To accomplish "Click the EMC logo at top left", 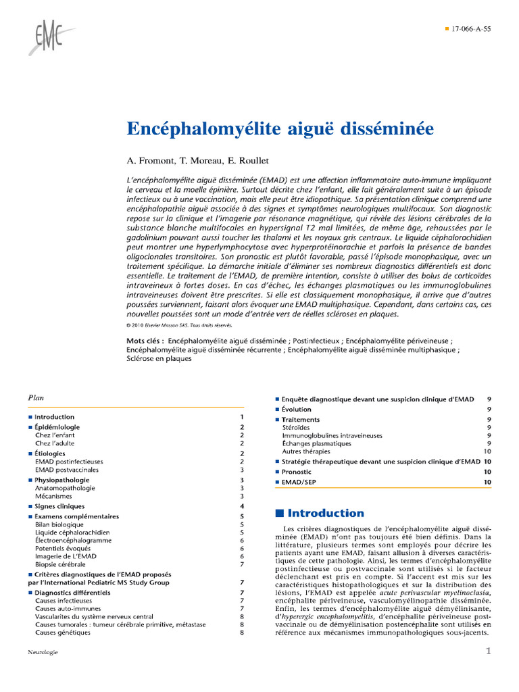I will (x=49, y=36).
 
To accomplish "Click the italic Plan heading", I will (x=36, y=398).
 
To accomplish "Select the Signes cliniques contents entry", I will (x=59, y=506).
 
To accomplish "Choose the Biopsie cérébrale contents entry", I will (x=60, y=564).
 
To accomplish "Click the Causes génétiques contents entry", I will (x=63, y=633).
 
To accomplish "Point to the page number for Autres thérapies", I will (x=487, y=451).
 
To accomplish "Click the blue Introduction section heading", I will (x=326, y=513).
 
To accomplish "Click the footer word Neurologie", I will (x=43, y=652).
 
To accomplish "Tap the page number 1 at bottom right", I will (x=488, y=651).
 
